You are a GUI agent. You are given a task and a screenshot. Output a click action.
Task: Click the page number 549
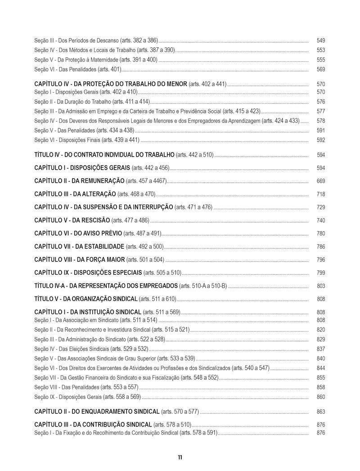[321, 40]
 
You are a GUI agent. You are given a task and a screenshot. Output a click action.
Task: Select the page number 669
[321, 181]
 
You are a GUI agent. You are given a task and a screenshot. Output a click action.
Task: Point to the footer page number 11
[180, 458]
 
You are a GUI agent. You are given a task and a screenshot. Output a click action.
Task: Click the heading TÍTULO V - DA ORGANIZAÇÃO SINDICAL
[86, 299]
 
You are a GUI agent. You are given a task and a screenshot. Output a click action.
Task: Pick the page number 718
[321, 194]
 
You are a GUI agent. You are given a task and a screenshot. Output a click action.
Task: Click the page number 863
[321, 412]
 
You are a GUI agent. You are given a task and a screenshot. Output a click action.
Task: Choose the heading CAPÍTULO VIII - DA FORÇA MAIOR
[80, 260]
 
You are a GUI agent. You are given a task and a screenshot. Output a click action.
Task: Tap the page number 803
[321, 286]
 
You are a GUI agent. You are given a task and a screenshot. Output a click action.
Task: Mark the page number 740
[321, 220]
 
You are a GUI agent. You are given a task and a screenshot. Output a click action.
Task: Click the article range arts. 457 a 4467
[146, 181]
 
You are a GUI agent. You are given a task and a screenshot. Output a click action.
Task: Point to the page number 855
[321, 377]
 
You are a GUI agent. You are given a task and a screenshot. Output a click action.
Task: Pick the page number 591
[321, 130]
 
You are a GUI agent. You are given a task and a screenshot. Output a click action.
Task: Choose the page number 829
[321, 339]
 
